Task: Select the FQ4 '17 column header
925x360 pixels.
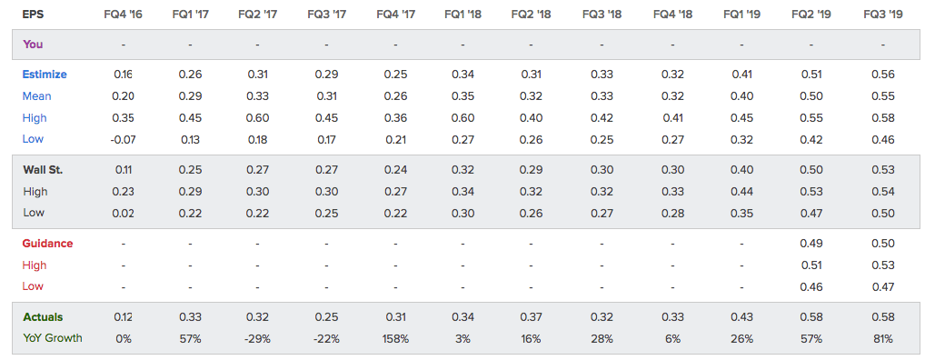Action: [396, 15]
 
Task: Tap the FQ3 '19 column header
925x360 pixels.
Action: [883, 15]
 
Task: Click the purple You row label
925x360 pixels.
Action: [33, 45]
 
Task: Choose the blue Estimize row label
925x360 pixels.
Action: [45, 75]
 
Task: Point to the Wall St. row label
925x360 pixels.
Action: [43, 170]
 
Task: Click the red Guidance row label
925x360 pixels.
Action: [47, 243]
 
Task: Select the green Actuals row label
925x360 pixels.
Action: [43, 317]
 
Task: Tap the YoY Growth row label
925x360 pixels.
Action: [53, 338]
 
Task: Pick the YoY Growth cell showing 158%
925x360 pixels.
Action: [396, 339]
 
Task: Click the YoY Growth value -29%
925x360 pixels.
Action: [257, 339]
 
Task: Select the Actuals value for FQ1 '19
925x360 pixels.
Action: [741, 317]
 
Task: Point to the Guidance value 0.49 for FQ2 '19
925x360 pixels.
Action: [811, 243]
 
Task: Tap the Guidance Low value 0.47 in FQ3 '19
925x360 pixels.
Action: [883, 287]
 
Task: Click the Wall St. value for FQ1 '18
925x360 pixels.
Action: [463, 170]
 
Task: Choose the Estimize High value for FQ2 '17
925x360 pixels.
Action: [257, 118]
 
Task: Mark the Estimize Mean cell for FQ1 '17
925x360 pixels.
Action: [190, 96]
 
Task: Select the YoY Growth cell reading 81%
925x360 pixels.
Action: [883, 339]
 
